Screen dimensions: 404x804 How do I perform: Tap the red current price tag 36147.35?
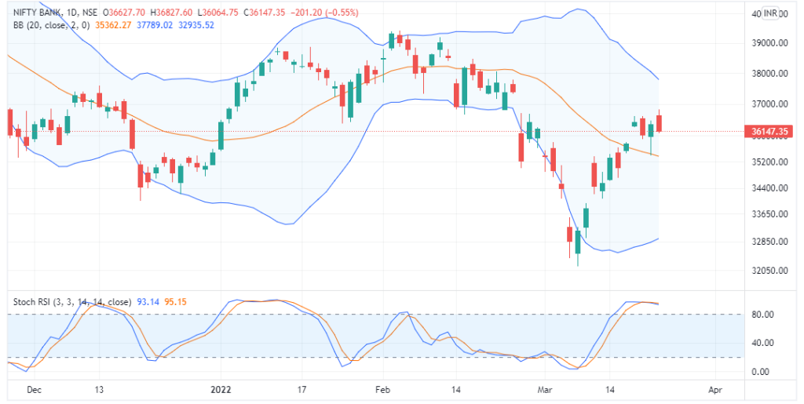tap(769, 131)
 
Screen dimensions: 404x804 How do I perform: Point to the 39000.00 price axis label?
tap(769, 43)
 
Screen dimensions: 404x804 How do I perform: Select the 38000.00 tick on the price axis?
tap(769, 74)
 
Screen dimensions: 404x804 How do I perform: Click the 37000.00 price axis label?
tap(769, 104)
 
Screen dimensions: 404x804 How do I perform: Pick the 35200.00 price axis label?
tap(769, 162)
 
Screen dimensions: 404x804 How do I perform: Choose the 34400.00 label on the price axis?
tap(769, 188)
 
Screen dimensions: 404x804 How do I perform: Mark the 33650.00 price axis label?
tap(769, 214)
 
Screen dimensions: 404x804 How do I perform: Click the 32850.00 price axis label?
tap(769, 242)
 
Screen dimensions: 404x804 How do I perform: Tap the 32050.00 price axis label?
tap(769, 271)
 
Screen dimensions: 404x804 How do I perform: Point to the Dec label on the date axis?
tap(34, 388)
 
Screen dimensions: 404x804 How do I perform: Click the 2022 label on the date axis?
tap(221, 388)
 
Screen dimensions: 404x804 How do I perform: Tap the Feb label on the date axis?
tap(382, 388)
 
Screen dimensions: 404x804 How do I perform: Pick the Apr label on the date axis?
tap(714, 388)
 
